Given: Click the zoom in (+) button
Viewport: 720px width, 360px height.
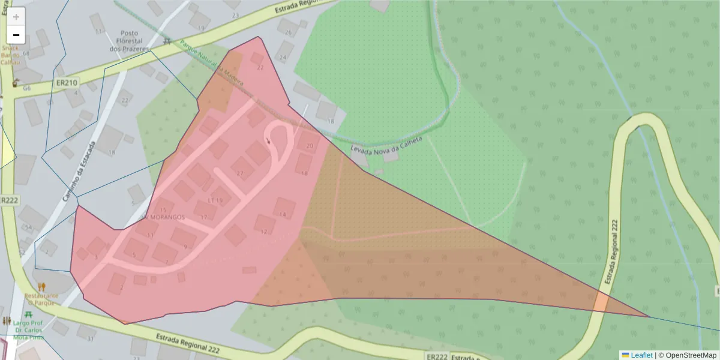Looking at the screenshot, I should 16,17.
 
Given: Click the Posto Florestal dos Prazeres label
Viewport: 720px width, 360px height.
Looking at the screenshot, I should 129,40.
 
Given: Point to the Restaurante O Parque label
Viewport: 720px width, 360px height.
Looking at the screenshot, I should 41,299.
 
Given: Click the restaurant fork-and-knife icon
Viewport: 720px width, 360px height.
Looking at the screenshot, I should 41,287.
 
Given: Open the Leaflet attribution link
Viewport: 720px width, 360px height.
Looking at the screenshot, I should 641,355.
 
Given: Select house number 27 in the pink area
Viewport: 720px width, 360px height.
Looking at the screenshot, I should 240,173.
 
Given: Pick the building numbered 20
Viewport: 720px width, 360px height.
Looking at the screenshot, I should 310,146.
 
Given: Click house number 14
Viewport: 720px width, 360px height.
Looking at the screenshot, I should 283,214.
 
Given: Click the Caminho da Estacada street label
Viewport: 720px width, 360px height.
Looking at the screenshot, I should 79,171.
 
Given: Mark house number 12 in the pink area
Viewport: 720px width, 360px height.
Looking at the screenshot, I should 263,231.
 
